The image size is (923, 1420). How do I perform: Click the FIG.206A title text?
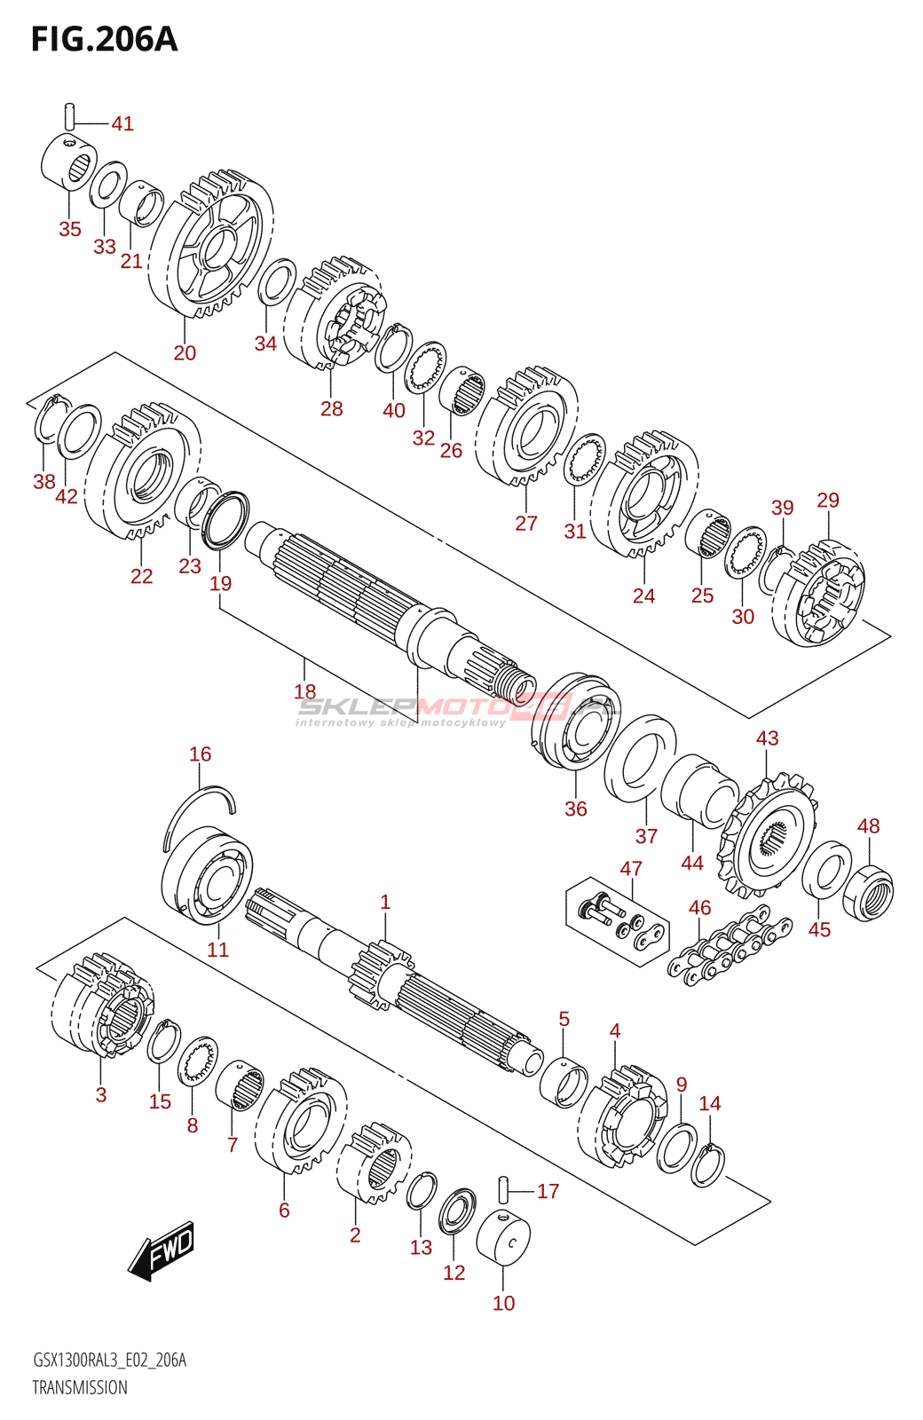[x=105, y=39]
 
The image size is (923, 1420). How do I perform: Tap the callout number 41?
[x=122, y=123]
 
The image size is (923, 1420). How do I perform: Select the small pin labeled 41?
[x=70, y=116]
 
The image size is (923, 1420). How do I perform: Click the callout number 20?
[x=185, y=352]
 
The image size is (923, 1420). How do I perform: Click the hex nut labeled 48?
[x=868, y=892]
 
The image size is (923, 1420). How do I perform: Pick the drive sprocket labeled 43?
[x=767, y=834]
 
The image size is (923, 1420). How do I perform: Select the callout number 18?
[x=305, y=691]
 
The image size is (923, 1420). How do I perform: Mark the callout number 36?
[x=576, y=809]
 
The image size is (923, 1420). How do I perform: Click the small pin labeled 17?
[x=505, y=1192]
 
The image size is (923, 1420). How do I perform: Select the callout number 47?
[x=631, y=868]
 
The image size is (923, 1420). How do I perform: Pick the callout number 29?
[x=828, y=500]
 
